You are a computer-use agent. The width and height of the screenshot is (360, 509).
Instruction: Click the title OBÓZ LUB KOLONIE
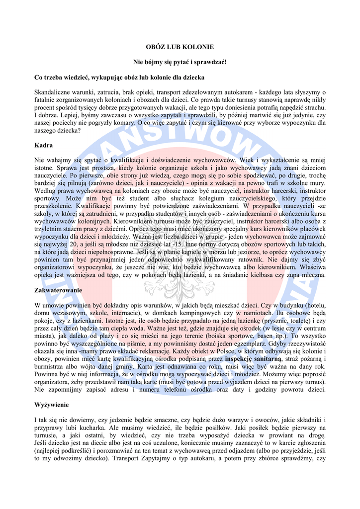tap(180, 47)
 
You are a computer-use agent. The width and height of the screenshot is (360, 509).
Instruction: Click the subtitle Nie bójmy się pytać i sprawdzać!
tap(180, 62)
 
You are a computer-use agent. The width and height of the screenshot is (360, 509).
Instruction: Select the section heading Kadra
tap(43, 145)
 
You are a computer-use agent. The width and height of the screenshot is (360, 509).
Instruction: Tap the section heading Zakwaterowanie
tap(58, 290)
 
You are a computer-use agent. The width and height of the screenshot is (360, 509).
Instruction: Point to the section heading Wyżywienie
tap(52, 405)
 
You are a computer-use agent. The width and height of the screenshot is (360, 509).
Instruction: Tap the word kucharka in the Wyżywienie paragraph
tap(103, 427)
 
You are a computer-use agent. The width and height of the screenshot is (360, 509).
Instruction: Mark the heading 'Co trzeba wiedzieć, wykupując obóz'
tap(119, 78)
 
